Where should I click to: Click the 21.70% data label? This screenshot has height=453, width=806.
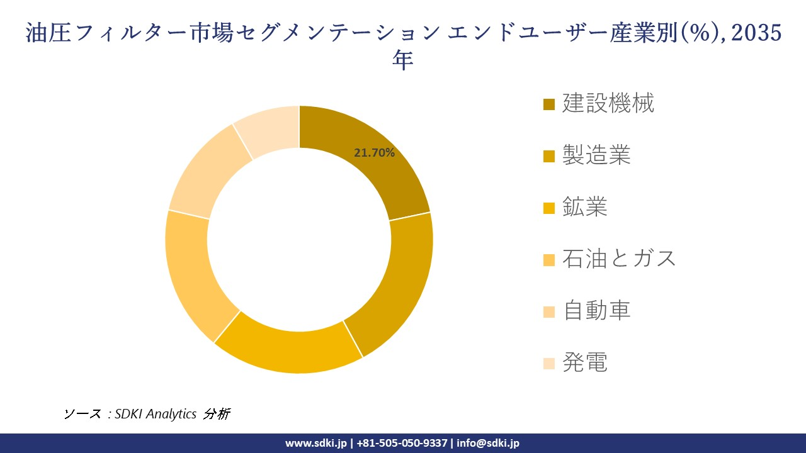(374, 152)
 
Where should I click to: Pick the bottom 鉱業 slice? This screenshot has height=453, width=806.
(290, 346)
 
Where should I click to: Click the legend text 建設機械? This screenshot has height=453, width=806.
(608, 103)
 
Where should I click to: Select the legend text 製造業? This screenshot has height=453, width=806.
(596, 155)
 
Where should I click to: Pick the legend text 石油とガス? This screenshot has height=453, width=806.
(619, 258)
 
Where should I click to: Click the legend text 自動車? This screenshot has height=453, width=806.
(596, 310)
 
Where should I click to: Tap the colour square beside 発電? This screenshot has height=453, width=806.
(549, 363)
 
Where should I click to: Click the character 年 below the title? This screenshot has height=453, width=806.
(402, 60)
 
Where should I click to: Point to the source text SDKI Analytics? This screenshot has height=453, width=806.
(156, 414)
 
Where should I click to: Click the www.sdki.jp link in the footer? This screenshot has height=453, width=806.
(315, 443)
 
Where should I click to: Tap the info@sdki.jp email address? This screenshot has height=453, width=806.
(488, 443)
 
